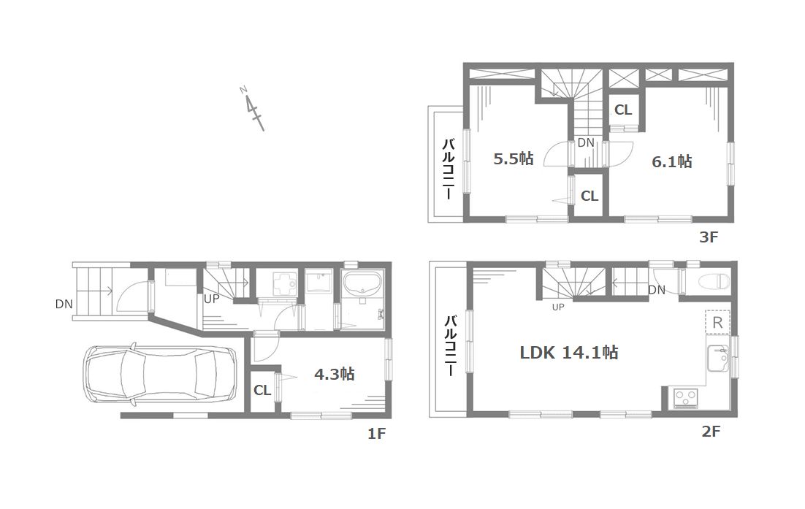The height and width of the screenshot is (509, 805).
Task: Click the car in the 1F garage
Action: coord(160,375)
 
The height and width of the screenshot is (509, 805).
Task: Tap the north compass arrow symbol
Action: coord(252,109)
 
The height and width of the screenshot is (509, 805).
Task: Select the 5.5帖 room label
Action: coord(514,158)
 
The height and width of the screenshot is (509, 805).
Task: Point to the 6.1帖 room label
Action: coord(671,161)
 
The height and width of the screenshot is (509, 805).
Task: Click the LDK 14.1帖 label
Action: coord(569,353)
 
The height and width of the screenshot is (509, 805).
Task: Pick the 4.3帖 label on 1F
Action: coord(335,374)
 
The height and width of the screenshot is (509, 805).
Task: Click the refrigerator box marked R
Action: coord(718,322)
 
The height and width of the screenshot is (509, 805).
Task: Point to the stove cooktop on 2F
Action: coord(686,398)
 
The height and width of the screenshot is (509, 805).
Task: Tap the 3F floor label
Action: coord(709,237)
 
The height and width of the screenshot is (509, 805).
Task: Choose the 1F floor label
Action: coord(376,434)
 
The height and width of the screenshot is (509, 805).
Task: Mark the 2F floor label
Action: coord(711,432)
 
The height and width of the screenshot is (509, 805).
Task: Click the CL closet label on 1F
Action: coord(262,391)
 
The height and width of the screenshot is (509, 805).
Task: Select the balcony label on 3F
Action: coord(449,168)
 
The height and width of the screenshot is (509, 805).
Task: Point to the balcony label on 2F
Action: coord(450,346)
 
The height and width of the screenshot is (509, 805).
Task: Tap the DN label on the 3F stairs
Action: coord(586,142)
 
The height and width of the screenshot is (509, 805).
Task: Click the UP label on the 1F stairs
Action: coord(211,299)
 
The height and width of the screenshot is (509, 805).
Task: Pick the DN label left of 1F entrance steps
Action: coord(64,305)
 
